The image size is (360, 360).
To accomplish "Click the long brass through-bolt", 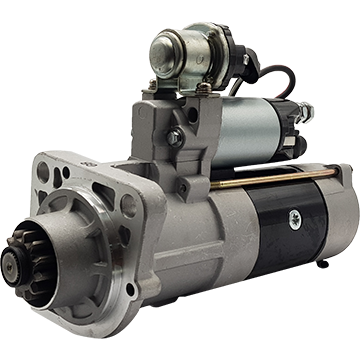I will (x=270, y=180).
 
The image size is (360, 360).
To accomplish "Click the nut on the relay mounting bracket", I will (x=204, y=88).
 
